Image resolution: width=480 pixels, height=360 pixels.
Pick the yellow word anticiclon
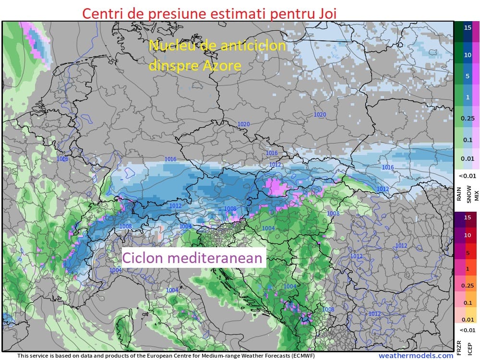pos(249,46)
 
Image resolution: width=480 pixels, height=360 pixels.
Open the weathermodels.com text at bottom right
pos(415,356)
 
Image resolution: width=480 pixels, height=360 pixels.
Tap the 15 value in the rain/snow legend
pos(467,27)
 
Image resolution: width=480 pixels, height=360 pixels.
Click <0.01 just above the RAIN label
pos(467,175)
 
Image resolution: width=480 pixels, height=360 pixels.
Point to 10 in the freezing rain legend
pos(467,235)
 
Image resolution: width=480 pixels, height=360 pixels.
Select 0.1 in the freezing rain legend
pos(467,303)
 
